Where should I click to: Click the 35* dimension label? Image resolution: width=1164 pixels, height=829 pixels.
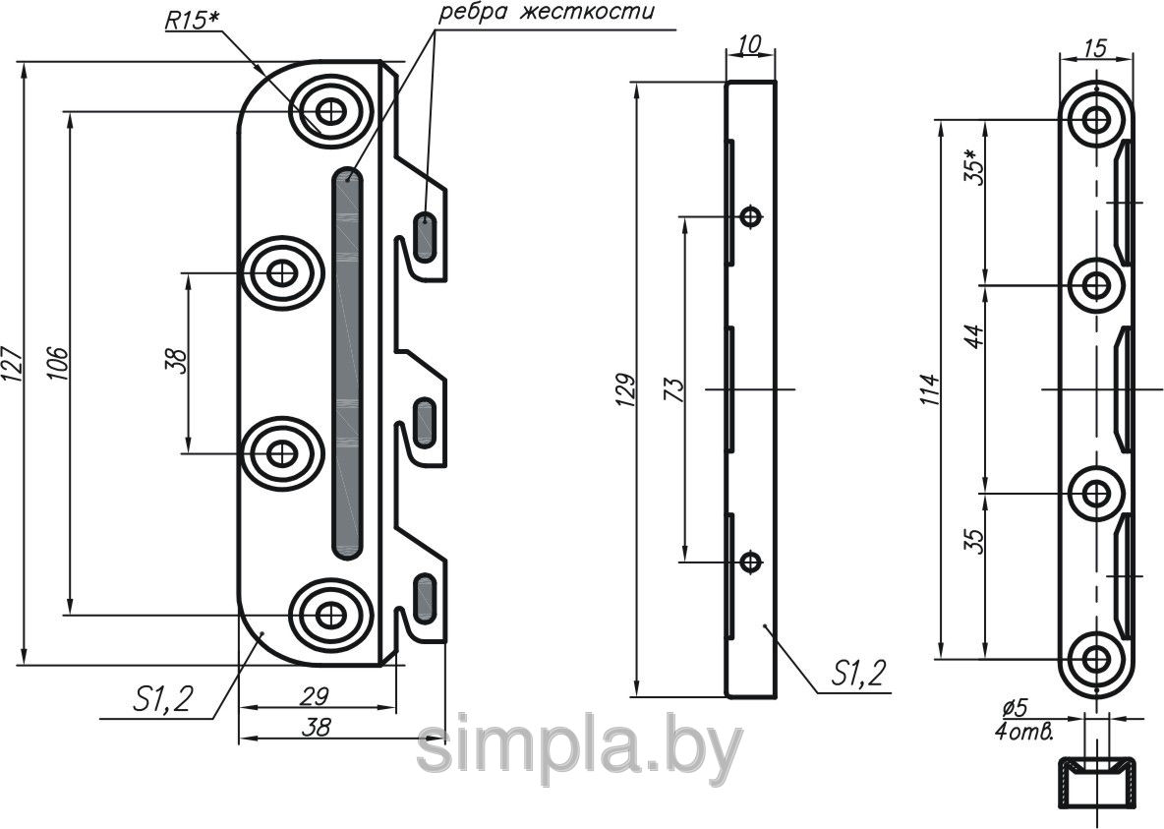pos(973,167)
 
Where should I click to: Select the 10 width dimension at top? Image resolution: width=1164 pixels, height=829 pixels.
pos(750,45)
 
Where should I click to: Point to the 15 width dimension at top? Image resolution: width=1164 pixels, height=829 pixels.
pos(1096,48)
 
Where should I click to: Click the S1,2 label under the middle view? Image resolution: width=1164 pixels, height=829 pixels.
pos(859,673)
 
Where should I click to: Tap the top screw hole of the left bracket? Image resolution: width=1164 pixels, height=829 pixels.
pos(329,112)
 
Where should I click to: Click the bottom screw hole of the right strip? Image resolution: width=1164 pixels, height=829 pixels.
pos(1096,658)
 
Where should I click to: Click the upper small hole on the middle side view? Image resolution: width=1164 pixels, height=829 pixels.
pos(752,216)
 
